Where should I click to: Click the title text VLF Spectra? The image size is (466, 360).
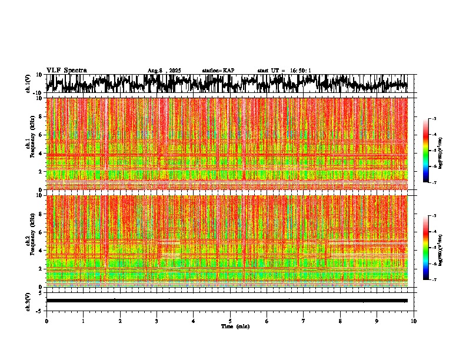pos(66,71)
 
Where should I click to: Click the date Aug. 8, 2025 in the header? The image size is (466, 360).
pos(164,71)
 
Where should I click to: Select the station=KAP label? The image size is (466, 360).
pos(218,71)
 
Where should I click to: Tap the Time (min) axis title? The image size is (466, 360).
pos(235,326)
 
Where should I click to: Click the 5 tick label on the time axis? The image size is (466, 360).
pos(230,321)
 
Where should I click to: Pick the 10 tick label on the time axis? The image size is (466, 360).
pos(414,321)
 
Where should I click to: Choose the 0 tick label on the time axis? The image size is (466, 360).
pos(46,321)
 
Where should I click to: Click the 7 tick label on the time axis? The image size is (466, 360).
pos(304,321)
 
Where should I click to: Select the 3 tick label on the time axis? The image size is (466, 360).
pos(157,321)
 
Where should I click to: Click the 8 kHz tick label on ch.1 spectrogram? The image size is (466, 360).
pos(40,116)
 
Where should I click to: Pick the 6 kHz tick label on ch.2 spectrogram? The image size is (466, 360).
pos(40,232)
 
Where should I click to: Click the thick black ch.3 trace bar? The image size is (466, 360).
pos(227,301)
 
